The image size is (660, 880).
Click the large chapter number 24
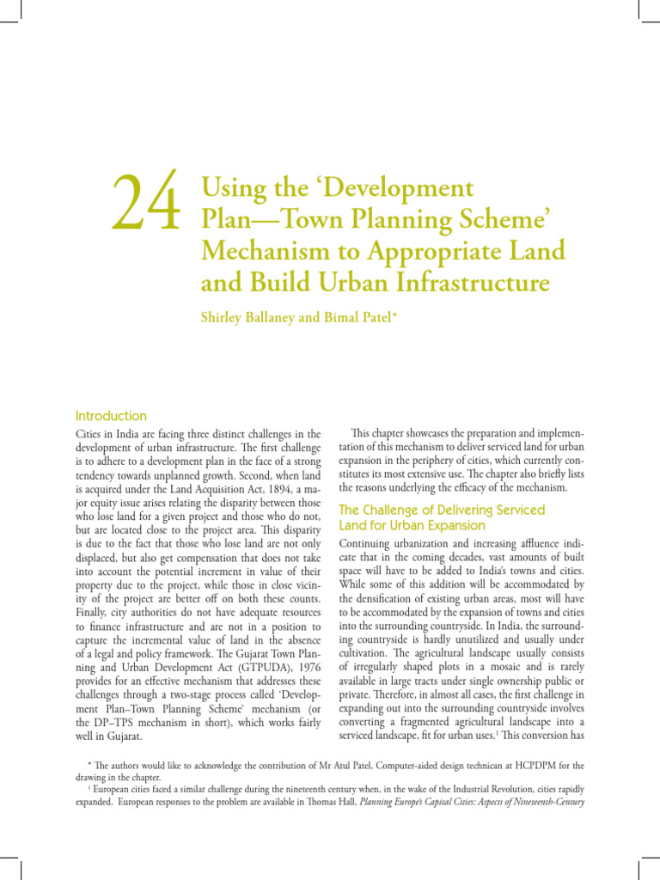coord(146,201)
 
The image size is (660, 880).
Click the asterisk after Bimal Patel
coord(394,315)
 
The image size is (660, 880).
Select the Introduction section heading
coord(112,415)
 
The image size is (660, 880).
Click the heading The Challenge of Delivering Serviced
coord(442,510)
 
